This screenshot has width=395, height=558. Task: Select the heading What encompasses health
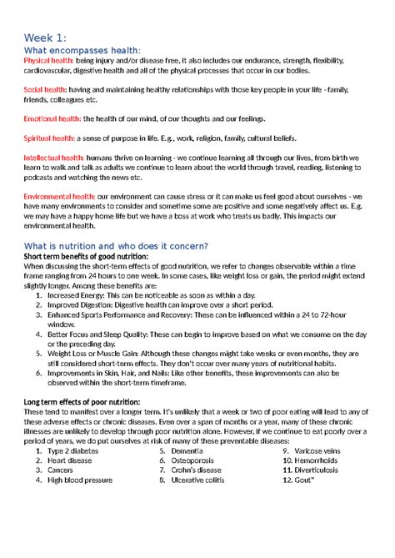click(82, 52)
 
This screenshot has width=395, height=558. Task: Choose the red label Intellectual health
click(54, 157)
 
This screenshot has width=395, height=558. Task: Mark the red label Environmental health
click(58, 195)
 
